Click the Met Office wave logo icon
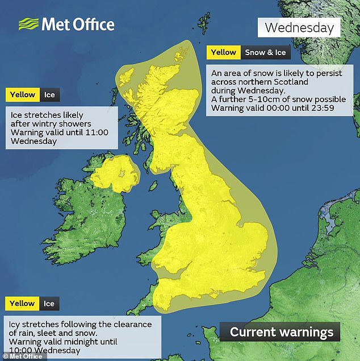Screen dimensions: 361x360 [28, 24]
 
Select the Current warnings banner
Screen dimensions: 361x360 [281, 332]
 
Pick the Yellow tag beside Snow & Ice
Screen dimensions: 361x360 [223, 53]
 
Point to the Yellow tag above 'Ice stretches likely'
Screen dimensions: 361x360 [22, 95]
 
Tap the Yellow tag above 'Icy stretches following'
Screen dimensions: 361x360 [22, 304]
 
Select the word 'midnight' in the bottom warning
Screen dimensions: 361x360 [81, 342]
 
